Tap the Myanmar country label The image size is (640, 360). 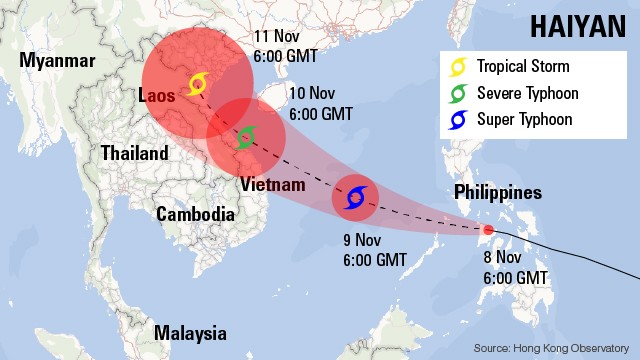tap(58, 61)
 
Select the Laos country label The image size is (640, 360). tap(157, 96)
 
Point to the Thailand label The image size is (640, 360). tap(134, 153)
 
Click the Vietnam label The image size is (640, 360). tap(272, 185)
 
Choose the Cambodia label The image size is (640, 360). tap(195, 213)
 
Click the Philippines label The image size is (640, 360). tap(498, 192)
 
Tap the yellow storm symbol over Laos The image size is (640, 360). tap(196, 84)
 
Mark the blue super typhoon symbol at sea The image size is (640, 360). tap(354, 197)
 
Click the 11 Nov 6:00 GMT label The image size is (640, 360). tap(289, 46)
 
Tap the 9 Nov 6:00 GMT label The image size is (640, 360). tap(375, 250)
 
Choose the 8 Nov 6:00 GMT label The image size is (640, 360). tap(516, 267)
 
